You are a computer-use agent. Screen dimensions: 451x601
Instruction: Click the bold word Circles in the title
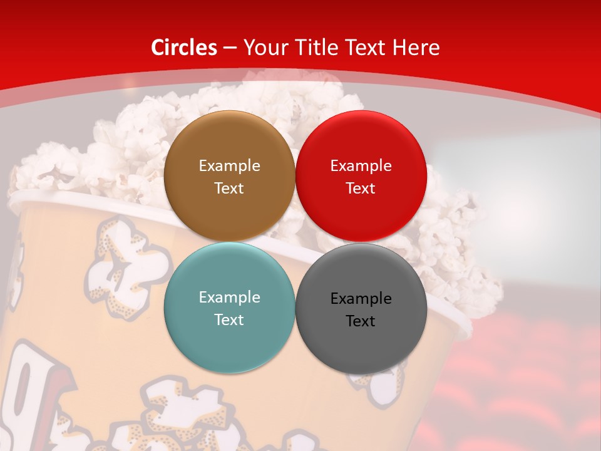click(183, 48)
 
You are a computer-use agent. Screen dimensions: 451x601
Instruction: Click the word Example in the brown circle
click(229, 166)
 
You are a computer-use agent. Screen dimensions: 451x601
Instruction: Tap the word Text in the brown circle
click(229, 188)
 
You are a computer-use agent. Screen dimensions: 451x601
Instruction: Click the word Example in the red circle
click(361, 166)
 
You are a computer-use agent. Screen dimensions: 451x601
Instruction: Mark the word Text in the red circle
click(361, 188)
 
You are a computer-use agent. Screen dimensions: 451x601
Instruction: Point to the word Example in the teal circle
click(229, 298)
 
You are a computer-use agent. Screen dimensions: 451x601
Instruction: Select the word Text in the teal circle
click(229, 319)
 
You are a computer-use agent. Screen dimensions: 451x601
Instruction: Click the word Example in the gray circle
click(361, 299)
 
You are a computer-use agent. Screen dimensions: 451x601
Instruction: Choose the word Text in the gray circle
click(361, 321)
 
